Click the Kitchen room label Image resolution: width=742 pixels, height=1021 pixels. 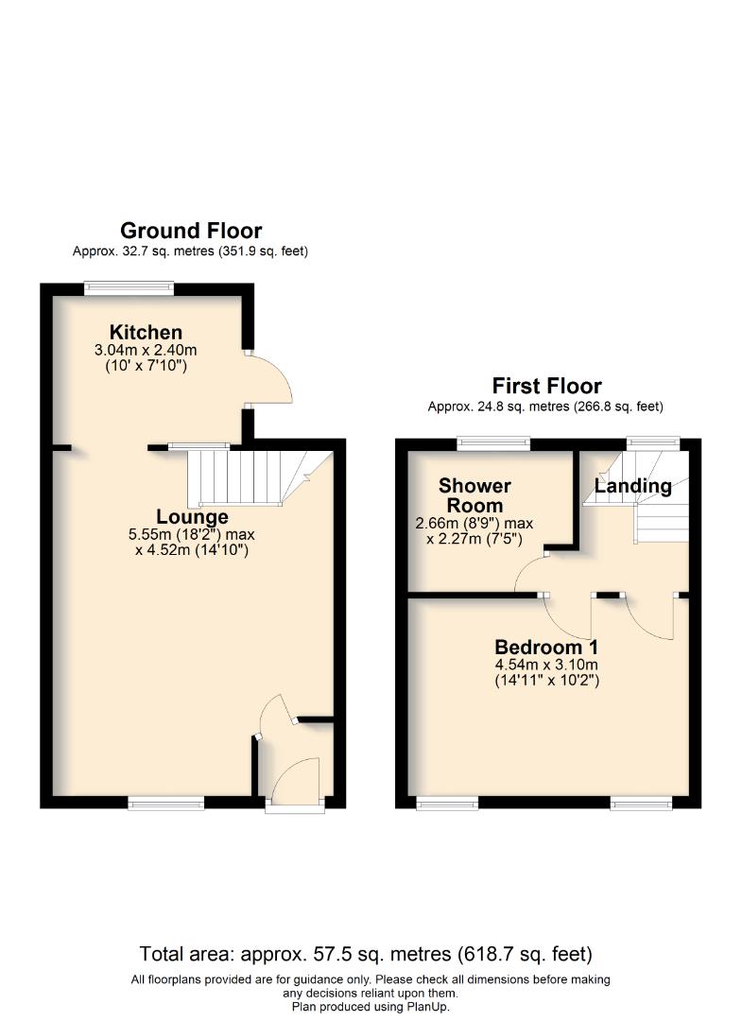(x=146, y=333)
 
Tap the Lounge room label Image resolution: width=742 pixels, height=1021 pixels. (x=192, y=517)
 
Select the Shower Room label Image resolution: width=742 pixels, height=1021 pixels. (x=475, y=495)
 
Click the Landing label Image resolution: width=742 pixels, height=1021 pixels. (x=632, y=487)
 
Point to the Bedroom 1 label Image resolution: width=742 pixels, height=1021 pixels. (x=546, y=648)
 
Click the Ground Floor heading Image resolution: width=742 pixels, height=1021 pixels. (x=191, y=231)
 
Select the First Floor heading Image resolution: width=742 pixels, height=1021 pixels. (x=546, y=386)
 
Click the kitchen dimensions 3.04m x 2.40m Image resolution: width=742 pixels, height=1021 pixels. (x=146, y=351)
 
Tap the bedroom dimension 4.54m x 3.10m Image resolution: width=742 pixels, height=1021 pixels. (x=546, y=665)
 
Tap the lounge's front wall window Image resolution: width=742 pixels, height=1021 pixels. (x=166, y=804)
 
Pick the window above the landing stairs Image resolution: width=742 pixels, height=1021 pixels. (x=653, y=442)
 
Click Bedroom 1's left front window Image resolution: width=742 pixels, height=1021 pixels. (x=446, y=804)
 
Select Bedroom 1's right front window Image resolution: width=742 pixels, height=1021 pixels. (x=642, y=804)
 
